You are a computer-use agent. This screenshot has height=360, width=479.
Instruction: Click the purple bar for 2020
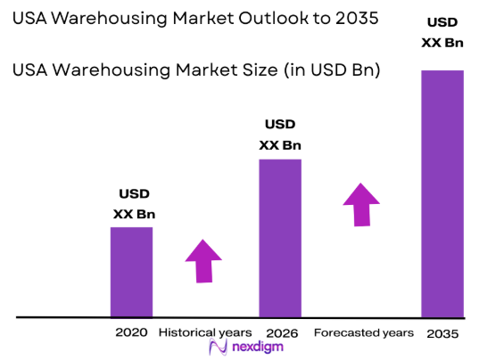tap(131, 272)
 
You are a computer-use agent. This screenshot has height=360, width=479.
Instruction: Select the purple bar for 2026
tap(279, 238)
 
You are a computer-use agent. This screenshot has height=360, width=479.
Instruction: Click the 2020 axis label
tap(131, 332)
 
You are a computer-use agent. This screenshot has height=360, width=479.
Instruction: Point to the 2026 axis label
tap(279, 332)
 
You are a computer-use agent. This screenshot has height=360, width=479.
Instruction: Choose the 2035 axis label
tap(442, 332)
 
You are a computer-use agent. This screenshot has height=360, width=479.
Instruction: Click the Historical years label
tap(205, 332)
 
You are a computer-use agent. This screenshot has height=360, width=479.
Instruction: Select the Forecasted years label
tap(364, 332)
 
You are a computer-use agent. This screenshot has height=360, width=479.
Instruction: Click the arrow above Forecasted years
tap(362, 204)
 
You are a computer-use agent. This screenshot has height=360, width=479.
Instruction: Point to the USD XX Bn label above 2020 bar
tap(134, 204)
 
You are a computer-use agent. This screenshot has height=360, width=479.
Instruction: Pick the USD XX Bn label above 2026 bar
tap(280, 135)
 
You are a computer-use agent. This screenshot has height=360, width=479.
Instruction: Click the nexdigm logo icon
tap(216, 348)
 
